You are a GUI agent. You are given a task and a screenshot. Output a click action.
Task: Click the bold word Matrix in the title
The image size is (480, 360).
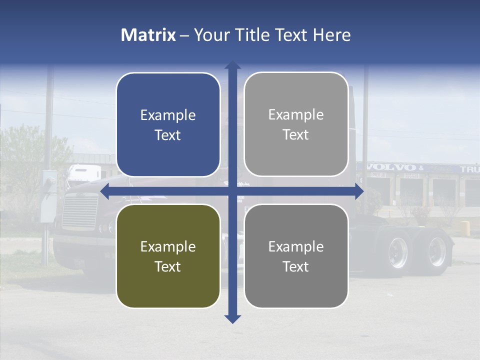[x=148, y=35]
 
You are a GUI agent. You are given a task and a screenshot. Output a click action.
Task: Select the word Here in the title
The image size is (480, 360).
[x=332, y=35]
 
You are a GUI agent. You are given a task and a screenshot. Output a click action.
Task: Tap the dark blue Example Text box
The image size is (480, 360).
[x=168, y=125]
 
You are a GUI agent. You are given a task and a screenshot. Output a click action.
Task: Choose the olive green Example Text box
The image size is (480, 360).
[x=168, y=256]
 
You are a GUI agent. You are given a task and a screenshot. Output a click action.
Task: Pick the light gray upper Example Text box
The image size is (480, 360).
[x=296, y=124]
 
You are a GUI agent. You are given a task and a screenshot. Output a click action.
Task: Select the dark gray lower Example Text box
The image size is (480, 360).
[x=296, y=256]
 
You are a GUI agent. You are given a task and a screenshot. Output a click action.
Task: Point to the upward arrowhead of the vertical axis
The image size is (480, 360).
[x=232, y=65]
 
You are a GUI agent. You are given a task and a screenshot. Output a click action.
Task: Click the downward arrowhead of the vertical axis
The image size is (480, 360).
[x=232, y=318]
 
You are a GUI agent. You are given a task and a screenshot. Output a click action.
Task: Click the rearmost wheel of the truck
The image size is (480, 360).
[x=436, y=251]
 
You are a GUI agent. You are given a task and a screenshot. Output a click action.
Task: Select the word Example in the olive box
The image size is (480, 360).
[x=168, y=246]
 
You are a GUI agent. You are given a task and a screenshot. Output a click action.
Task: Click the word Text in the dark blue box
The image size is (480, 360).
[x=168, y=135]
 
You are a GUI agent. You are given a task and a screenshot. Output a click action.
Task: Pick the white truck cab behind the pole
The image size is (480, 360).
[x=84, y=173]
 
